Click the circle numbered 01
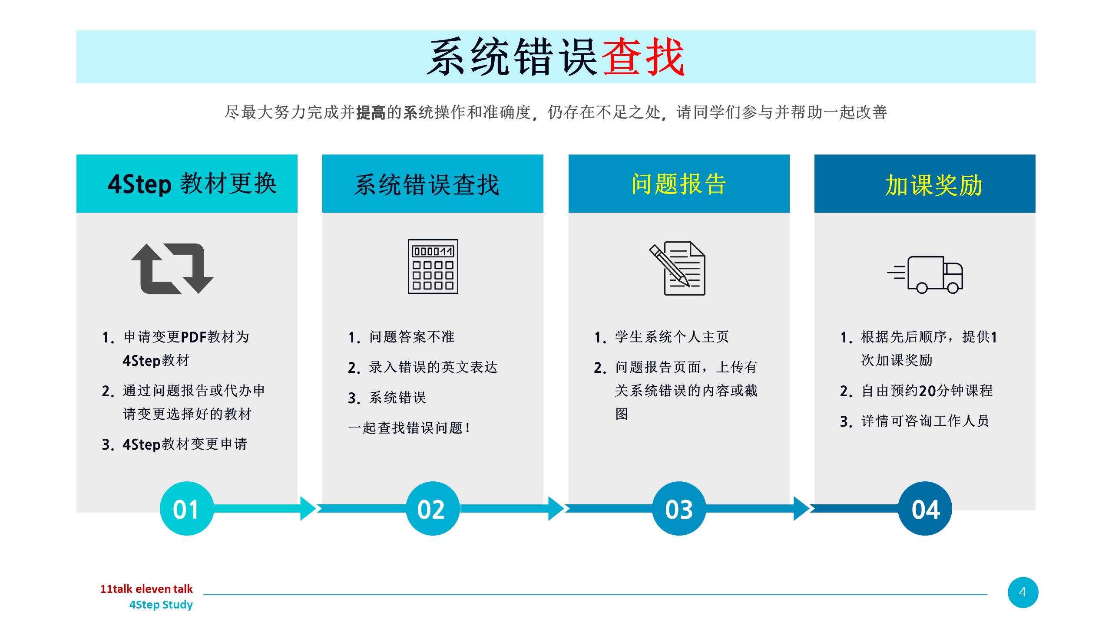[187, 508]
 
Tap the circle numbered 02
[433, 508]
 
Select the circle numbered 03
[679, 508]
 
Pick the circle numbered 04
[925, 508]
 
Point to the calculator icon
[433, 266]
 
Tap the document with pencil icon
[678, 268]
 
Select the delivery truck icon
[925, 275]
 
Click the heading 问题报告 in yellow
[679, 184]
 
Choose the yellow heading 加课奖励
[934, 185]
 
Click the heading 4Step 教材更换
[192, 184]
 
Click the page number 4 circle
[1023, 592]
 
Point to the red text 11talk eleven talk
[146, 589]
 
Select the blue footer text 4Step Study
[161, 605]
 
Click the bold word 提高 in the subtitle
[371, 112]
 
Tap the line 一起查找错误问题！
[409, 428]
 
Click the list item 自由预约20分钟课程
[927, 391]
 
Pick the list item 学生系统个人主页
[672, 337]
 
